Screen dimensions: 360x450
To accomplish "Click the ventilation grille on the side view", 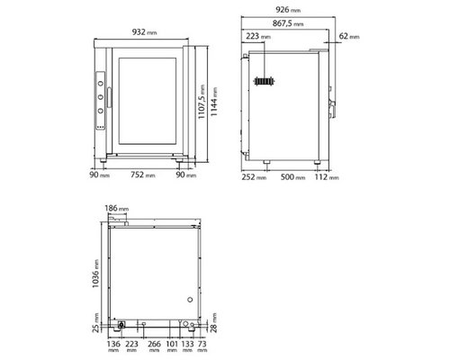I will click(x=263, y=82).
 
